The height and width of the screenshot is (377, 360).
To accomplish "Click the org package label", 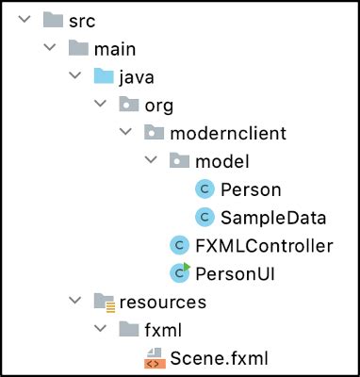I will (x=159, y=105).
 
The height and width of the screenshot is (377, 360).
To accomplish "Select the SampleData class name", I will (x=272, y=218).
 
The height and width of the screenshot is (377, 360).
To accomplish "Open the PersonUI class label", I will (x=229, y=274).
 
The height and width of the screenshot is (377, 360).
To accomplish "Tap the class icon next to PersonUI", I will (x=179, y=273).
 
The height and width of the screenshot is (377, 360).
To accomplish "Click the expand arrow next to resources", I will (x=74, y=303).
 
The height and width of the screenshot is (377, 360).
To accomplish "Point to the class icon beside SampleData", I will (x=205, y=218).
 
